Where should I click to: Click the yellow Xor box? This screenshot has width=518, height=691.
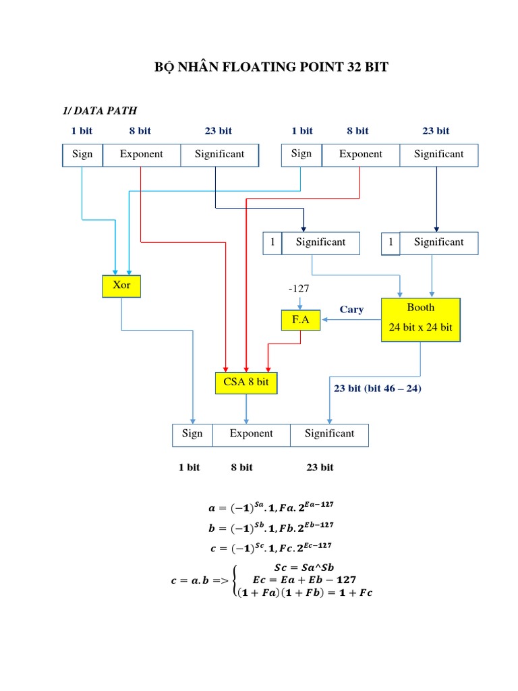122,286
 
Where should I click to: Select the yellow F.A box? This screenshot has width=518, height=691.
301,321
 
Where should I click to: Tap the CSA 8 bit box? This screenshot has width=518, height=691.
246,383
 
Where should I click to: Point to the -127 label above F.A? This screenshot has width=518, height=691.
299,289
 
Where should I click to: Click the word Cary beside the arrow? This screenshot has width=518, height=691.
351,310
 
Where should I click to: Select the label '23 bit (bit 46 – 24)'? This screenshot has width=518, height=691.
377,389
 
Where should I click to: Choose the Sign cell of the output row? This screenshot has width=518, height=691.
192,434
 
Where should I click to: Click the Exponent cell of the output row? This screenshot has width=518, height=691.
251,434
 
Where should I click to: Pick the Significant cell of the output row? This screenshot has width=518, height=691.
329,434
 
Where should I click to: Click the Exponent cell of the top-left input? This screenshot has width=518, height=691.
142,155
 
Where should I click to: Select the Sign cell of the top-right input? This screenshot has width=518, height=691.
301,154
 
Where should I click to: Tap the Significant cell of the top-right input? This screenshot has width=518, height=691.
439,155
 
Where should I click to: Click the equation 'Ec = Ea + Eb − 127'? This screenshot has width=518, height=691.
304,580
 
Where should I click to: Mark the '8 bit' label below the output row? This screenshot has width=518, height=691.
242,467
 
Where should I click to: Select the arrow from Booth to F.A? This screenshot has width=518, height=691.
351,321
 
